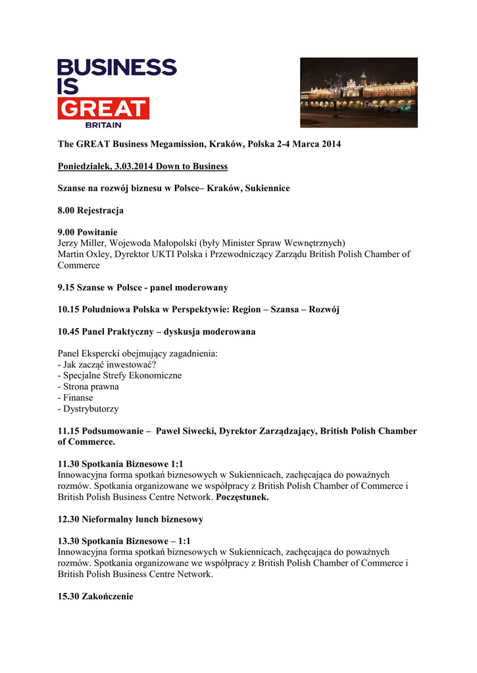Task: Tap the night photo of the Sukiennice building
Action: coord(359,93)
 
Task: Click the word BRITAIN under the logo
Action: coord(103,124)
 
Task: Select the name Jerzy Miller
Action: coord(82,243)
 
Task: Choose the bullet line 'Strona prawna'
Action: coord(91,386)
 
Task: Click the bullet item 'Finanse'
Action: coord(78,398)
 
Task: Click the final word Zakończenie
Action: coord(107,597)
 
